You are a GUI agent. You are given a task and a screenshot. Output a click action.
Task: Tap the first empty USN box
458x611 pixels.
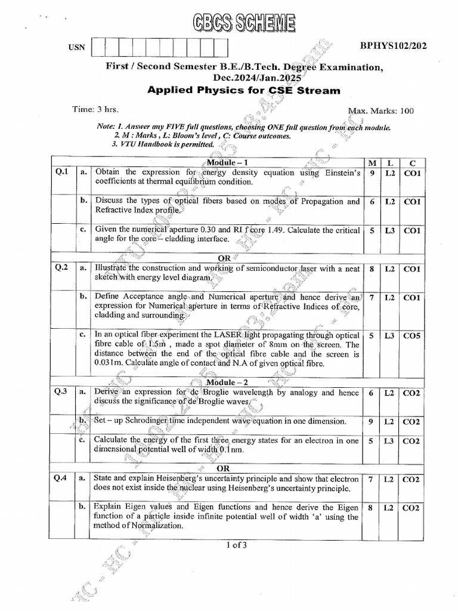pyautogui.click(x=98, y=47)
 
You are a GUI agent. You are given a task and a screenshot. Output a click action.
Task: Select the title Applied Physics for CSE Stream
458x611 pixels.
pyautogui.click(x=243, y=91)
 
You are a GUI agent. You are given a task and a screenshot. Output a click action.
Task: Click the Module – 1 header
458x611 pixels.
pyautogui.click(x=226, y=162)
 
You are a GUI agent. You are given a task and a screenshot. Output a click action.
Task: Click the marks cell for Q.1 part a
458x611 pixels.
pyautogui.click(x=372, y=173)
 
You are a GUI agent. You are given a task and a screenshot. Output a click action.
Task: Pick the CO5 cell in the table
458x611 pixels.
pyautogui.click(x=411, y=336)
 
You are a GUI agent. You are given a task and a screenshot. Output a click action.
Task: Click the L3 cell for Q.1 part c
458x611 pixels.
pyautogui.click(x=389, y=230)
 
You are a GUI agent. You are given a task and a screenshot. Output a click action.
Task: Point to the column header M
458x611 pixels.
pyautogui.click(x=372, y=163)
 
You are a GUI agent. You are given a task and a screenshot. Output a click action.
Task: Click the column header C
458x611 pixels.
pyautogui.click(x=411, y=163)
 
